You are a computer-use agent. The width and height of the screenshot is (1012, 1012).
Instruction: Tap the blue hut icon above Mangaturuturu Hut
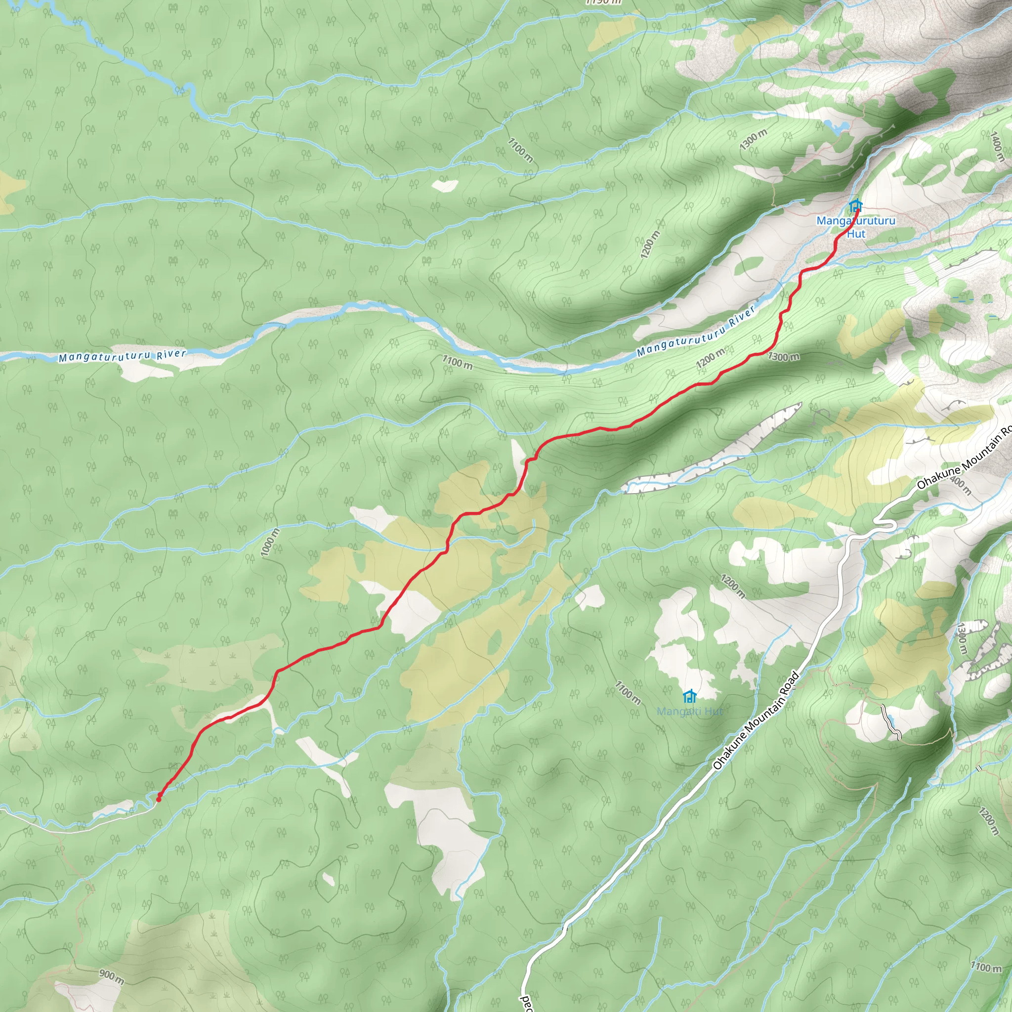click(x=855, y=206)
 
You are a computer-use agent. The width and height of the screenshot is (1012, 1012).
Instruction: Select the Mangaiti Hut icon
click(x=690, y=696)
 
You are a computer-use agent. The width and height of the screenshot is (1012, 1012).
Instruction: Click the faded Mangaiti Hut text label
click(x=690, y=712)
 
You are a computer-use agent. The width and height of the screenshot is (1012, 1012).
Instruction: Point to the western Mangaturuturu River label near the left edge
click(x=122, y=356)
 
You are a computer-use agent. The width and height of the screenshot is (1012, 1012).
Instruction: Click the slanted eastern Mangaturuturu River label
click(x=696, y=332)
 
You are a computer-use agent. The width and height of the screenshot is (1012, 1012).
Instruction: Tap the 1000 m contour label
click(x=270, y=543)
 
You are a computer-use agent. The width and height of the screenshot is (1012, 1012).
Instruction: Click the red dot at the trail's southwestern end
click(x=159, y=800)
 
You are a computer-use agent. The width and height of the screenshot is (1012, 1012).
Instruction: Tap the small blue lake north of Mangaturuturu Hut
click(x=836, y=126)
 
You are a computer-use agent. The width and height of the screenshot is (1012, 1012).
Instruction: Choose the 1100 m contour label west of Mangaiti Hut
click(x=628, y=692)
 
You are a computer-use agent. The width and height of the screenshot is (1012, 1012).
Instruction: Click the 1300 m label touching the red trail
click(x=784, y=357)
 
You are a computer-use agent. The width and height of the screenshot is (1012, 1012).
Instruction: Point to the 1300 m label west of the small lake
click(x=754, y=140)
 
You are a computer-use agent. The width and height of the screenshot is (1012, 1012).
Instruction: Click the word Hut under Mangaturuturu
click(x=856, y=234)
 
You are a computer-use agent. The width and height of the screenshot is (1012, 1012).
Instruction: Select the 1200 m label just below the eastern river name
click(x=710, y=359)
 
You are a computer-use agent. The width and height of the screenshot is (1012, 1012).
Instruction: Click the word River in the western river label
click(x=171, y=354)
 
